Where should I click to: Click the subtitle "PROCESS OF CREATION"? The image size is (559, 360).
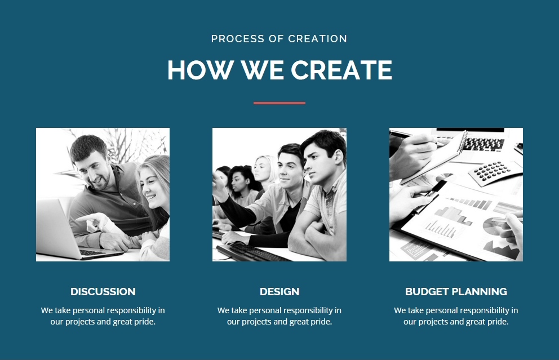click(x=279, y=38)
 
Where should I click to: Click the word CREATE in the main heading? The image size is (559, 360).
click(x=341, y=70)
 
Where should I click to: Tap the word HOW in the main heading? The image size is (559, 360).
click(x=201, y=70)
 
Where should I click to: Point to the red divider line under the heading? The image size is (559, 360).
click(x=279, y=103)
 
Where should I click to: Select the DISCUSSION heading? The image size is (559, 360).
click(x=103, y=292)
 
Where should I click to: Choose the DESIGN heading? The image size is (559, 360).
click(x=279, y=292)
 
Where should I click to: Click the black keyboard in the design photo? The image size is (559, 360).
click(x=250, y=252)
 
